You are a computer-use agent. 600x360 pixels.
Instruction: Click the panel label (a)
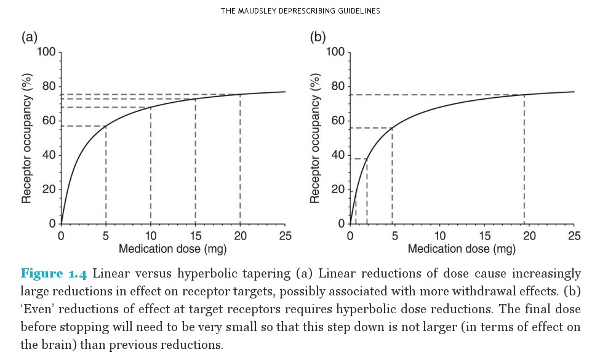click(x=29, y=38)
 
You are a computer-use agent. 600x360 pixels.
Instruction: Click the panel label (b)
click(x=318, y=38)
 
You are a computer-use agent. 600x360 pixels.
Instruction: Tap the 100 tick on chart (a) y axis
click(x=46, y=52)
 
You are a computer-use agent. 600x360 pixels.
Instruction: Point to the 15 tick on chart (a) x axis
click(x=195, y=236)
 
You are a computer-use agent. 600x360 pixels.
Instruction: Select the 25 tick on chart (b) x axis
click(x=574, y=236)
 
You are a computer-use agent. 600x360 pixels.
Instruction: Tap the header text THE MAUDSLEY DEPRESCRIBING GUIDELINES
click(x=300, y=11)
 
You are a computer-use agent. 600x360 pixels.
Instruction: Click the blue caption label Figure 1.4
click(x=54, y=273)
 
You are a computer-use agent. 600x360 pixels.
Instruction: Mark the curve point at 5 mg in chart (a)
click(x=106, y=126)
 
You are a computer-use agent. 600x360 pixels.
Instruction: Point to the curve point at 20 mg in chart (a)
click(x=240, y=94)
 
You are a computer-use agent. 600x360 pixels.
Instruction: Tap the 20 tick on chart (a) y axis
click(x=48, y=190)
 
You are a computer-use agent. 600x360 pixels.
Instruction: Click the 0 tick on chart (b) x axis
click(x=350, y=236)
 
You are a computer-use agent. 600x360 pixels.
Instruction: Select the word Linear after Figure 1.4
click(x=111, y=273)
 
